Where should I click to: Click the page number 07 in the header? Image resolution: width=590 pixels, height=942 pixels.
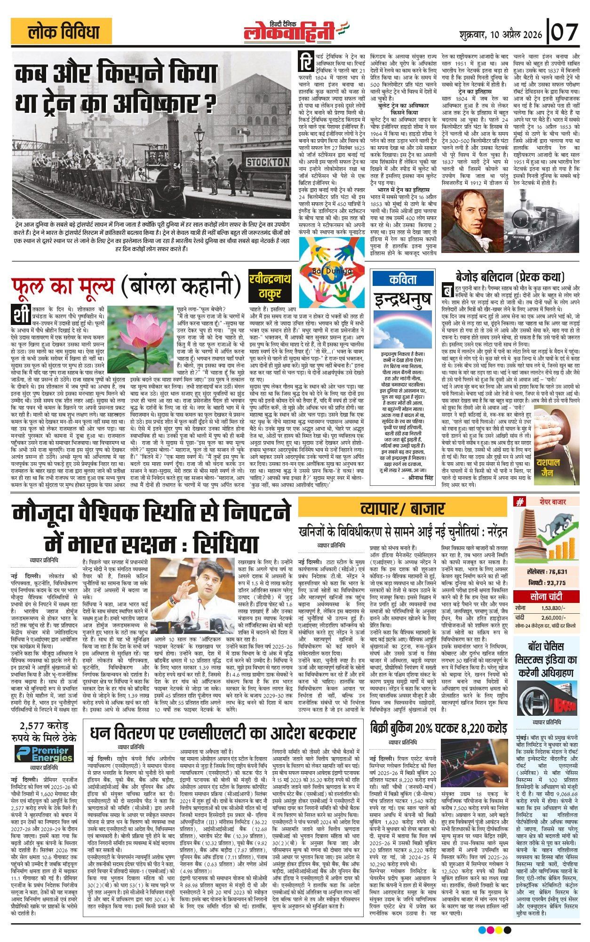point(564,33)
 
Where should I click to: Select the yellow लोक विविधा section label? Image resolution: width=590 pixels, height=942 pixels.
point(61,32)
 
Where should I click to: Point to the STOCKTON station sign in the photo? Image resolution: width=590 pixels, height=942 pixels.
point(268,162)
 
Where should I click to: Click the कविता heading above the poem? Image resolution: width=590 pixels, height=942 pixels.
point(403,279)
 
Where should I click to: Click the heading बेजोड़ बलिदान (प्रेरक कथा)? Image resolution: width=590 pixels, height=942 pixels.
point(510,276)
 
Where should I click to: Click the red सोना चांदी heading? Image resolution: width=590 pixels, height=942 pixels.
point(546,597)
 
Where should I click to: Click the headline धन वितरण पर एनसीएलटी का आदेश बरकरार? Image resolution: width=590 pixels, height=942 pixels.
point(222,734)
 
